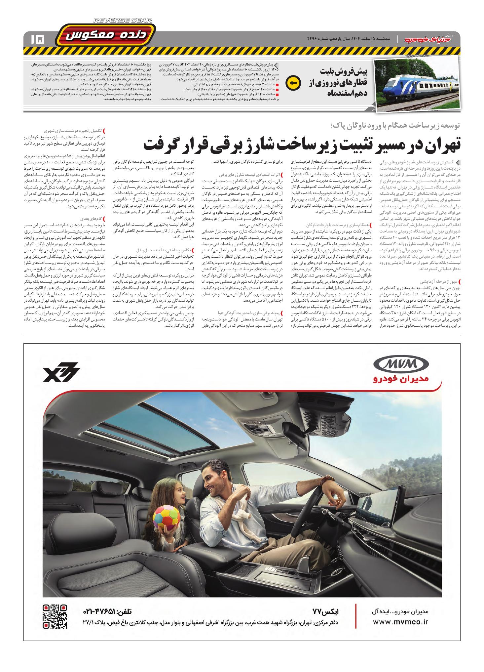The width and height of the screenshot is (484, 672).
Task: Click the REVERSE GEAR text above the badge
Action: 123,21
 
